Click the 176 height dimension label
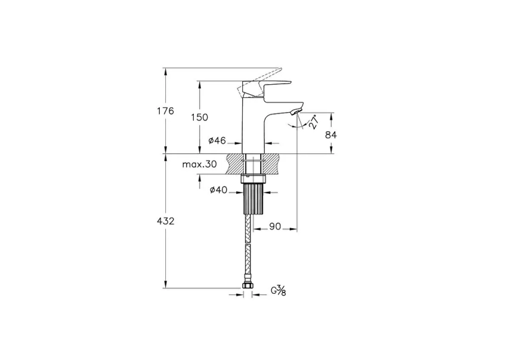[x=166, y=111]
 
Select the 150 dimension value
[x=199, y=117]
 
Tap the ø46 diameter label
[x=217, y=141]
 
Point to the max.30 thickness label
[x=199, y=164]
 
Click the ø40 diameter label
[x=218, y=190]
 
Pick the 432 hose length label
[x=166, y=221]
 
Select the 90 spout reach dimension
[x=275, y=226]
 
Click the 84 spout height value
[x=331, y=135]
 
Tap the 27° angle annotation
[x=313, y=122]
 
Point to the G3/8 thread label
[x=279, y=291]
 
